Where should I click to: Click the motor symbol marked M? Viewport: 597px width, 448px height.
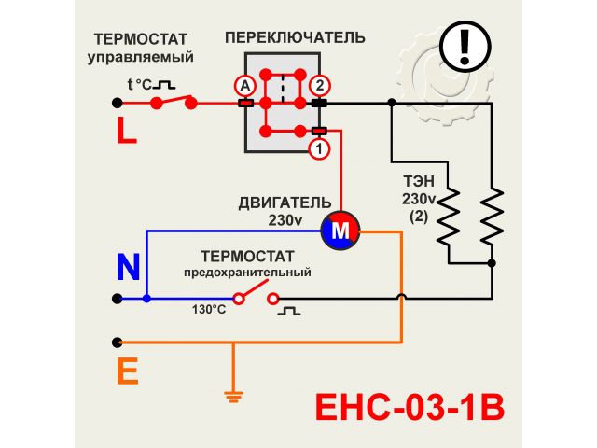click(x=340, y=229)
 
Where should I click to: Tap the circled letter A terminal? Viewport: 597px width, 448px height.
click(x=245, y=85)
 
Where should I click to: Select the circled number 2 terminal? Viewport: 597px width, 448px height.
click(x=319, y=85)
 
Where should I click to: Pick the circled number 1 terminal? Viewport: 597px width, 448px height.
click(x=319, y=148)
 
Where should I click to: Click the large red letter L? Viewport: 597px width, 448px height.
click(x=127, y=131)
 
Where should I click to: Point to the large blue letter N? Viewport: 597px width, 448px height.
click(x=128, y=268)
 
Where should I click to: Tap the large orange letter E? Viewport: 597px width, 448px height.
click(x=128, y=372)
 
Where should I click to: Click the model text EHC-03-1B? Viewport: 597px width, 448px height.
click(x=410, y=408)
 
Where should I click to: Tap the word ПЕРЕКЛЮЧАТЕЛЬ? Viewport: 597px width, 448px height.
click(x=295, y=38)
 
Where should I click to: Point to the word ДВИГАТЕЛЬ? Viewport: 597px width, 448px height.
click(x=284, y=203)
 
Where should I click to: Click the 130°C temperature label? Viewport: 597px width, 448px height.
click(x=209, y=309)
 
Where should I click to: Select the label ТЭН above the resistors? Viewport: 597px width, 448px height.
click(x=419, y=182)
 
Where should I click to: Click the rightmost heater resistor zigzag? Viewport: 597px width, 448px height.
click(x=492, y=215)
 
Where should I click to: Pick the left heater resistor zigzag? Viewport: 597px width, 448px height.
click(x=450, y=215)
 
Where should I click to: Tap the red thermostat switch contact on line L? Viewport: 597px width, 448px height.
click(x=175, y=102)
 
